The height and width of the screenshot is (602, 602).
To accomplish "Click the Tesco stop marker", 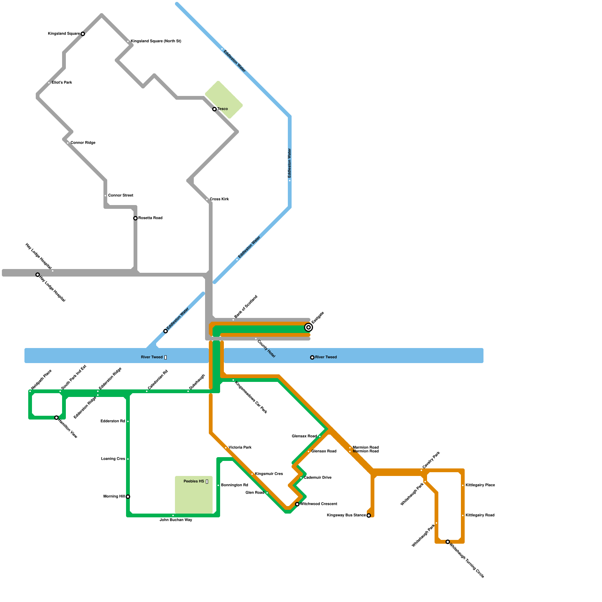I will pos(214,109).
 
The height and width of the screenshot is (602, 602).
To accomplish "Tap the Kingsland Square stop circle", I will pos(83,34).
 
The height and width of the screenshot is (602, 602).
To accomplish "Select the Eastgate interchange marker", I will pos(309,327).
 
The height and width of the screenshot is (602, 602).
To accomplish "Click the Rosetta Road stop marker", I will pos(135,218).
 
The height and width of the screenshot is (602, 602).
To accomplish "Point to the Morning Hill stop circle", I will pos(128,497).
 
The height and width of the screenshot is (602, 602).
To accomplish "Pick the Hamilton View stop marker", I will pos(56,418).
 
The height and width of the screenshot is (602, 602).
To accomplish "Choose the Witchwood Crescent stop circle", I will pos(297,504).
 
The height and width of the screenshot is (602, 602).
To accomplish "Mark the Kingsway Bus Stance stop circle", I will pos(369,515).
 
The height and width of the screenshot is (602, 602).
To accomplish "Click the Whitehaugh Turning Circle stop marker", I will pos(448,542).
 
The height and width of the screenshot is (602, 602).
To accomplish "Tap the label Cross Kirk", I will pos(219,199).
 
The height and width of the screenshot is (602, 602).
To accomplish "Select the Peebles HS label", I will pos(194,482).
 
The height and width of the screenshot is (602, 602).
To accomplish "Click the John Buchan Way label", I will pos(176,520).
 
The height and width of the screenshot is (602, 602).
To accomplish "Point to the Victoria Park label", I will pos(240,448).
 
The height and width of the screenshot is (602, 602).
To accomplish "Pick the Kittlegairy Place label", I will pos(480,485).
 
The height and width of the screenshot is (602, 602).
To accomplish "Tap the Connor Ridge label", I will pos(83,143).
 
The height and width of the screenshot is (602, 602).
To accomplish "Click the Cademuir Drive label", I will pos(318,478).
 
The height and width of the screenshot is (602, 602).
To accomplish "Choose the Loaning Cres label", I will pos(113,459).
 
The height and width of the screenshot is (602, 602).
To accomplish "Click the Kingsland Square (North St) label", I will pos(156,41).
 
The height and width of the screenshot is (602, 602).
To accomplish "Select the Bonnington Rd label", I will pos(234,485).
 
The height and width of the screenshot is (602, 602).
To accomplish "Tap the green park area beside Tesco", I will pos(224,100).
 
